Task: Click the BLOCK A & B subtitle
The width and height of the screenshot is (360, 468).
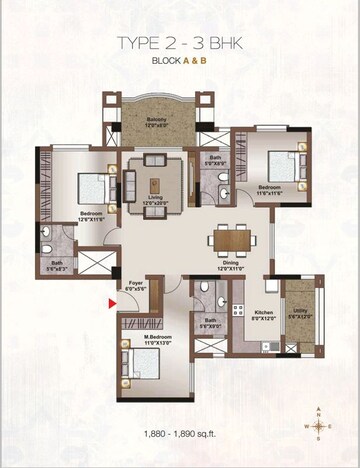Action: tap(180, 61)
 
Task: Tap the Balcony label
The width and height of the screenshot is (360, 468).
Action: tap(153, 120)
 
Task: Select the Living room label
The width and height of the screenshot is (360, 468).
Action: tap(155, 201)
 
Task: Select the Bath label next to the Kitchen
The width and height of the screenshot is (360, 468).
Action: tap(210, 324)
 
